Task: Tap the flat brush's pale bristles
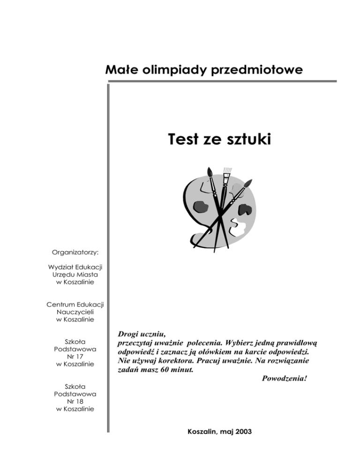227,169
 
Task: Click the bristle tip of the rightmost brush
249,180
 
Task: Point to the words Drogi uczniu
140,334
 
